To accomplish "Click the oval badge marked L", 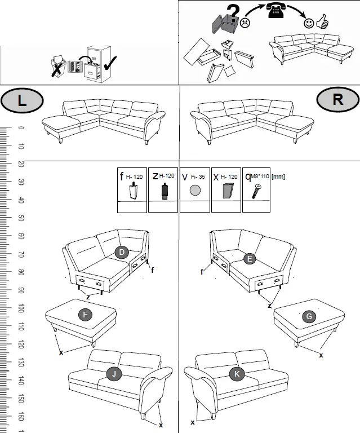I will coord(22,101).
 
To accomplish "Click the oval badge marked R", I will coord(337,100).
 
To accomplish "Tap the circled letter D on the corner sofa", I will coord(122,252).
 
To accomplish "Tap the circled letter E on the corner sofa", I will coord(251,258).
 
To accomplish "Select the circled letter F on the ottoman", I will coord(85,315).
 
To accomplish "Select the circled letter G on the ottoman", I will coord(309,316).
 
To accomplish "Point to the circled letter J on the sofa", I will coord(114,373).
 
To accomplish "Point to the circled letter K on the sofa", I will coord(237,373).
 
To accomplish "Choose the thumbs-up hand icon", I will coord(322,23).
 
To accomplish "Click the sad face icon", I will coord(245,24).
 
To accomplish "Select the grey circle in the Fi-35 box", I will coord(195,191).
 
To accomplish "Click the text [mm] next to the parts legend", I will coord(278,176).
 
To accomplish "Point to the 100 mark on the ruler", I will coord(21,308).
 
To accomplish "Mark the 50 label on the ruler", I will coord(21,218).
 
